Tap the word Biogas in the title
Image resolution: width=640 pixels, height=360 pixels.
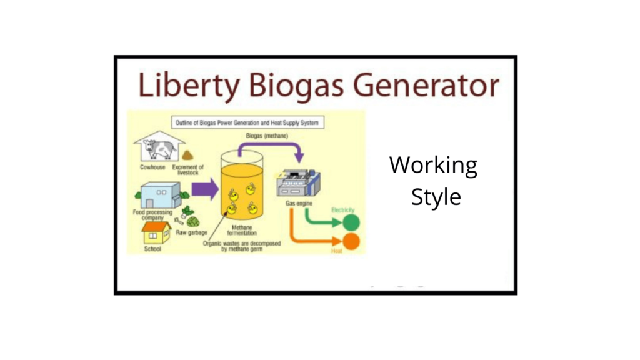(289, 86)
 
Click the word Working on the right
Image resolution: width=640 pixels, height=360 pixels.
(433, 166)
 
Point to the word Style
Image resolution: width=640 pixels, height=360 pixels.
(436, 196)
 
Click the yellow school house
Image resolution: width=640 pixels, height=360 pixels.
(156, 234)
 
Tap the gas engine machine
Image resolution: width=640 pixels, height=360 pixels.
(297, 182)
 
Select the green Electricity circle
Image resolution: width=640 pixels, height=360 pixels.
(351, 222)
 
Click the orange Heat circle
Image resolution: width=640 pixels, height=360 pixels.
(351, 242)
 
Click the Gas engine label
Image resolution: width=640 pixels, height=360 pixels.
(300, 204)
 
